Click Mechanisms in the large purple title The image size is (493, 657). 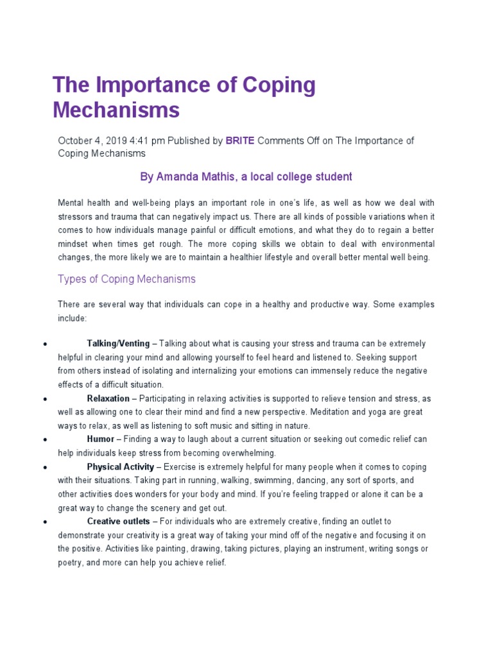pyautogui.click(x=116, y=110)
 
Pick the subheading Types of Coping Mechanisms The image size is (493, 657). pyautogui.click(x=126, y=279)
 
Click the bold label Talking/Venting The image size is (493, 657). pyautogui.click(x=118, y=344)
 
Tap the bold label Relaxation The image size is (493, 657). pyautogui.click(x=108, y=398)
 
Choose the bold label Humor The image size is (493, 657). pyautogui.click(x=100, y=439)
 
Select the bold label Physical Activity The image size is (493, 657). pyautogui.click(x=121, y=467)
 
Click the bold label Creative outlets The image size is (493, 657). pyautogui.click(x=119, y=522)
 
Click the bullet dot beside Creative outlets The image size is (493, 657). pyautogui.click(x=44, y=523)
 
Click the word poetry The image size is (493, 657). pyautogui.click(x=71, y=563)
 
